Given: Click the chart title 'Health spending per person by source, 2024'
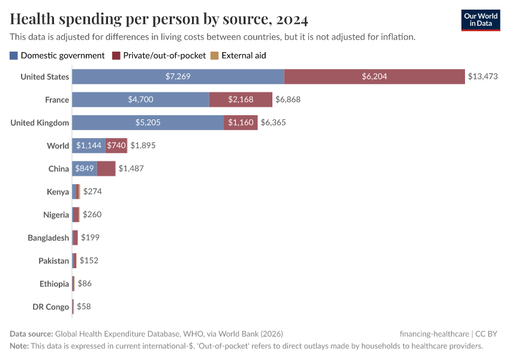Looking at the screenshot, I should coord(159,20).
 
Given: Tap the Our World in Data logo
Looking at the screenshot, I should coord(481,20).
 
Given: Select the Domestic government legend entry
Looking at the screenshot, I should coord(57,55).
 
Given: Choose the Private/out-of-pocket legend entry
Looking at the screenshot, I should coord(158,55).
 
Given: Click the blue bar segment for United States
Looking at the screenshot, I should coord(178,77).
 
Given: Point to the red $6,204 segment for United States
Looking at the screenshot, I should coord(374,77).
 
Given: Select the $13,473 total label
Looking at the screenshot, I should coord(483,77).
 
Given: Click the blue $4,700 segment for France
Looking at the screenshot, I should coord(140,100).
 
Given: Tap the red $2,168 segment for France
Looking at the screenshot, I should coord(241,100).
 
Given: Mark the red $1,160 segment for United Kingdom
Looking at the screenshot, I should coord(241,122).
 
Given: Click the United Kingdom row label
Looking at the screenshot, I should coord(40,122).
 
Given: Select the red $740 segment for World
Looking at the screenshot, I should coord(116,145).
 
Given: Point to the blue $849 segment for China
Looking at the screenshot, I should coord(85,169).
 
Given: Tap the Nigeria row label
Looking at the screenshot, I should coord(56,214).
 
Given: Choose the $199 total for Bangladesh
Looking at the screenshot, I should coord(90,238).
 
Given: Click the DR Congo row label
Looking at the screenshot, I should coord(50,307).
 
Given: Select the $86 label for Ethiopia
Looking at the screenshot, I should coord(85,283).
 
